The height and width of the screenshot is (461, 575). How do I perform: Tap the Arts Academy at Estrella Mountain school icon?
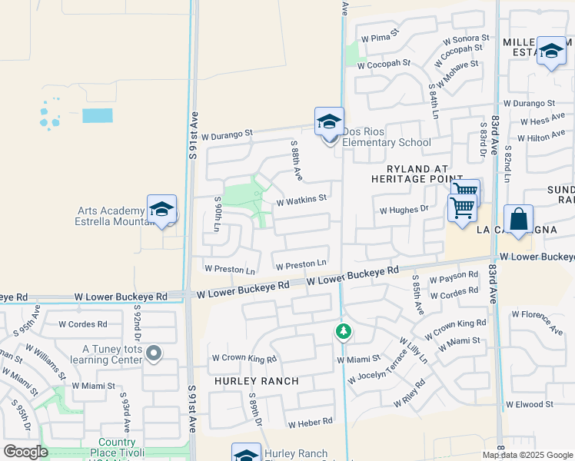click(161, 210)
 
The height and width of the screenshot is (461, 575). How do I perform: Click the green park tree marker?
click(344, 332)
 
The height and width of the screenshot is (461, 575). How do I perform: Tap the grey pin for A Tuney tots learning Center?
click(154, 353)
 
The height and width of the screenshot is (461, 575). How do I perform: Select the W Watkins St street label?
click(302, 199)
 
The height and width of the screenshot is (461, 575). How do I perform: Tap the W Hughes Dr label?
click(404, 209)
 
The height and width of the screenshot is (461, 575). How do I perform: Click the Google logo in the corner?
click(25, 452)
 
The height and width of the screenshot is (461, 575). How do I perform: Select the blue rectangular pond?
click(97, 116)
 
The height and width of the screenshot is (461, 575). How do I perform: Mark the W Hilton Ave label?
click(541, 138)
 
